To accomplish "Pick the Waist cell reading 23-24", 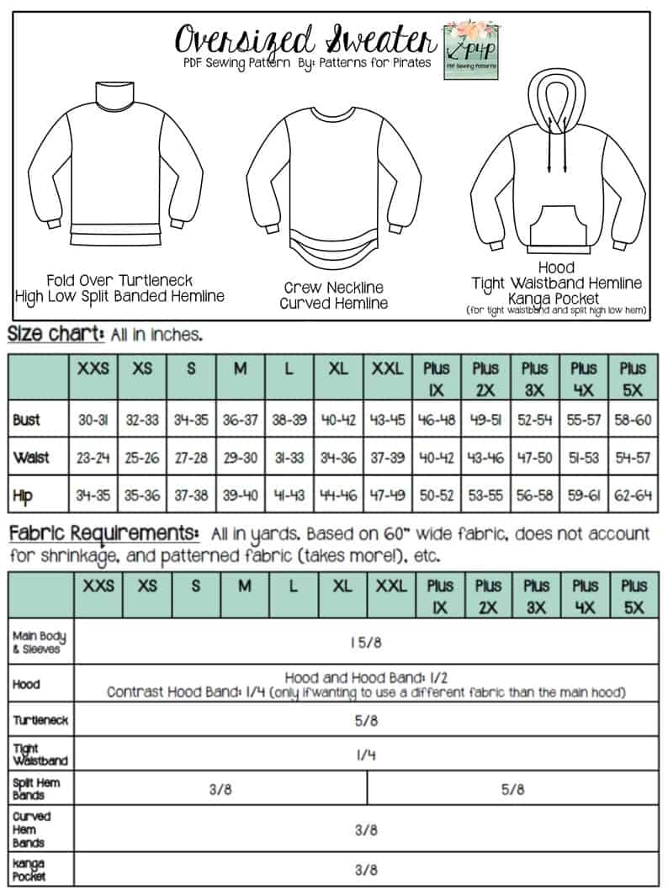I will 93,458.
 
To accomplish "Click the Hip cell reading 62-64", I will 634,495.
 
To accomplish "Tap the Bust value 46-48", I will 436,420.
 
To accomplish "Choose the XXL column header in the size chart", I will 387,368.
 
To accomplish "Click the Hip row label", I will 25,495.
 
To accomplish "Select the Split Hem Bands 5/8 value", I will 512,790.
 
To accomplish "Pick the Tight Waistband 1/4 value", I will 366,755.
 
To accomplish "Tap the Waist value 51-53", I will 585,458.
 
